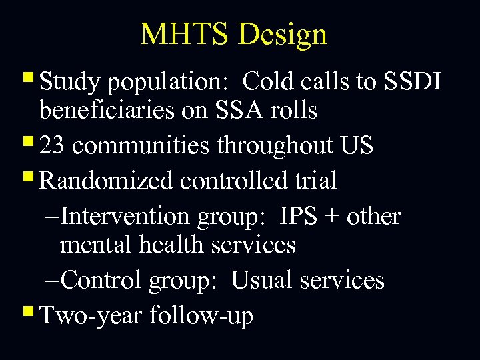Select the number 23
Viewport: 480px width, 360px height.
pos(53,145)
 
